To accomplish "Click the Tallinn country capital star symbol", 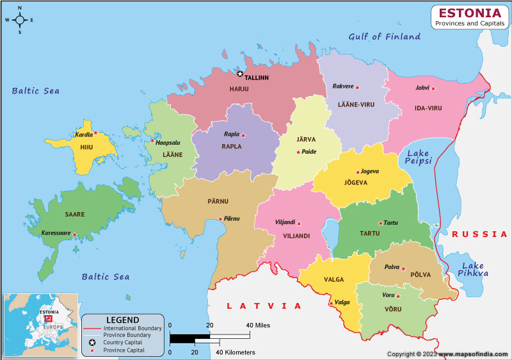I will [241, 74].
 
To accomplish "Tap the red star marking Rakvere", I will [358, 87].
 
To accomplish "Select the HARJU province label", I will [239, 89].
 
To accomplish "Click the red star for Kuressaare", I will [74, 234].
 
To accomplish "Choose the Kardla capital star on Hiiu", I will [95, 133].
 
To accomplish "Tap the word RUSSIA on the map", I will [479, 234].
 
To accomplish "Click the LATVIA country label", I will [264, 306].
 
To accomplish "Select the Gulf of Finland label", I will [384, 37].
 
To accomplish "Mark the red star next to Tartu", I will [380, 224].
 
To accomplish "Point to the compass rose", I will [20, 20].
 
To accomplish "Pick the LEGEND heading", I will [122, 320].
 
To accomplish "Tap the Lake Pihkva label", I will [473, 270].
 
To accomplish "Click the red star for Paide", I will [298, 152].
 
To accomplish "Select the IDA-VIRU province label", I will [428, 108].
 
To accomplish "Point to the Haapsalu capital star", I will [152, 141].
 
